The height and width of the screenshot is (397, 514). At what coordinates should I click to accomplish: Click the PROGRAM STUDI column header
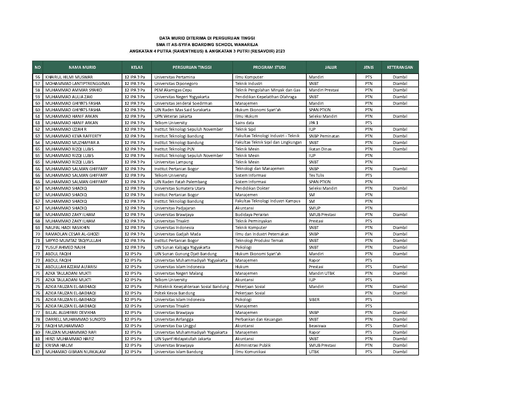tap(269, 67)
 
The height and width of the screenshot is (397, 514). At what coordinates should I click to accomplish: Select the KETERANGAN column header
tap(400, 67)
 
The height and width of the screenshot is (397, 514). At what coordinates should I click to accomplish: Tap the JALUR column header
tap(331, 67)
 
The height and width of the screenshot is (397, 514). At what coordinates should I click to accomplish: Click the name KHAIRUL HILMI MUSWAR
tap(69, 77)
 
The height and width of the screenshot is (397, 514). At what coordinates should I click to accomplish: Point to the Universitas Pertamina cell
tap(175, 77)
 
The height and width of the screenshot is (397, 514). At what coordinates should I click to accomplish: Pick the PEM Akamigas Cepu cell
tap(173, 90)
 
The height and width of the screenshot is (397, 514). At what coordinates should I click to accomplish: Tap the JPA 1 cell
tap(313, 123)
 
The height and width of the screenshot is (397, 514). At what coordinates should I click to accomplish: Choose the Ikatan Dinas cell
tap(320, 149)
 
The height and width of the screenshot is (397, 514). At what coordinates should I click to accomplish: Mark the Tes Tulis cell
tap(316, 175)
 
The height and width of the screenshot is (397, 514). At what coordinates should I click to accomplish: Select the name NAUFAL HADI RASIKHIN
tap(67, 228)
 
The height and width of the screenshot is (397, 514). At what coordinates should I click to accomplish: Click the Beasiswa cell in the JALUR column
tap(317, 326)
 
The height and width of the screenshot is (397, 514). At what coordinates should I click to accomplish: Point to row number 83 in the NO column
tap(38, 352)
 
